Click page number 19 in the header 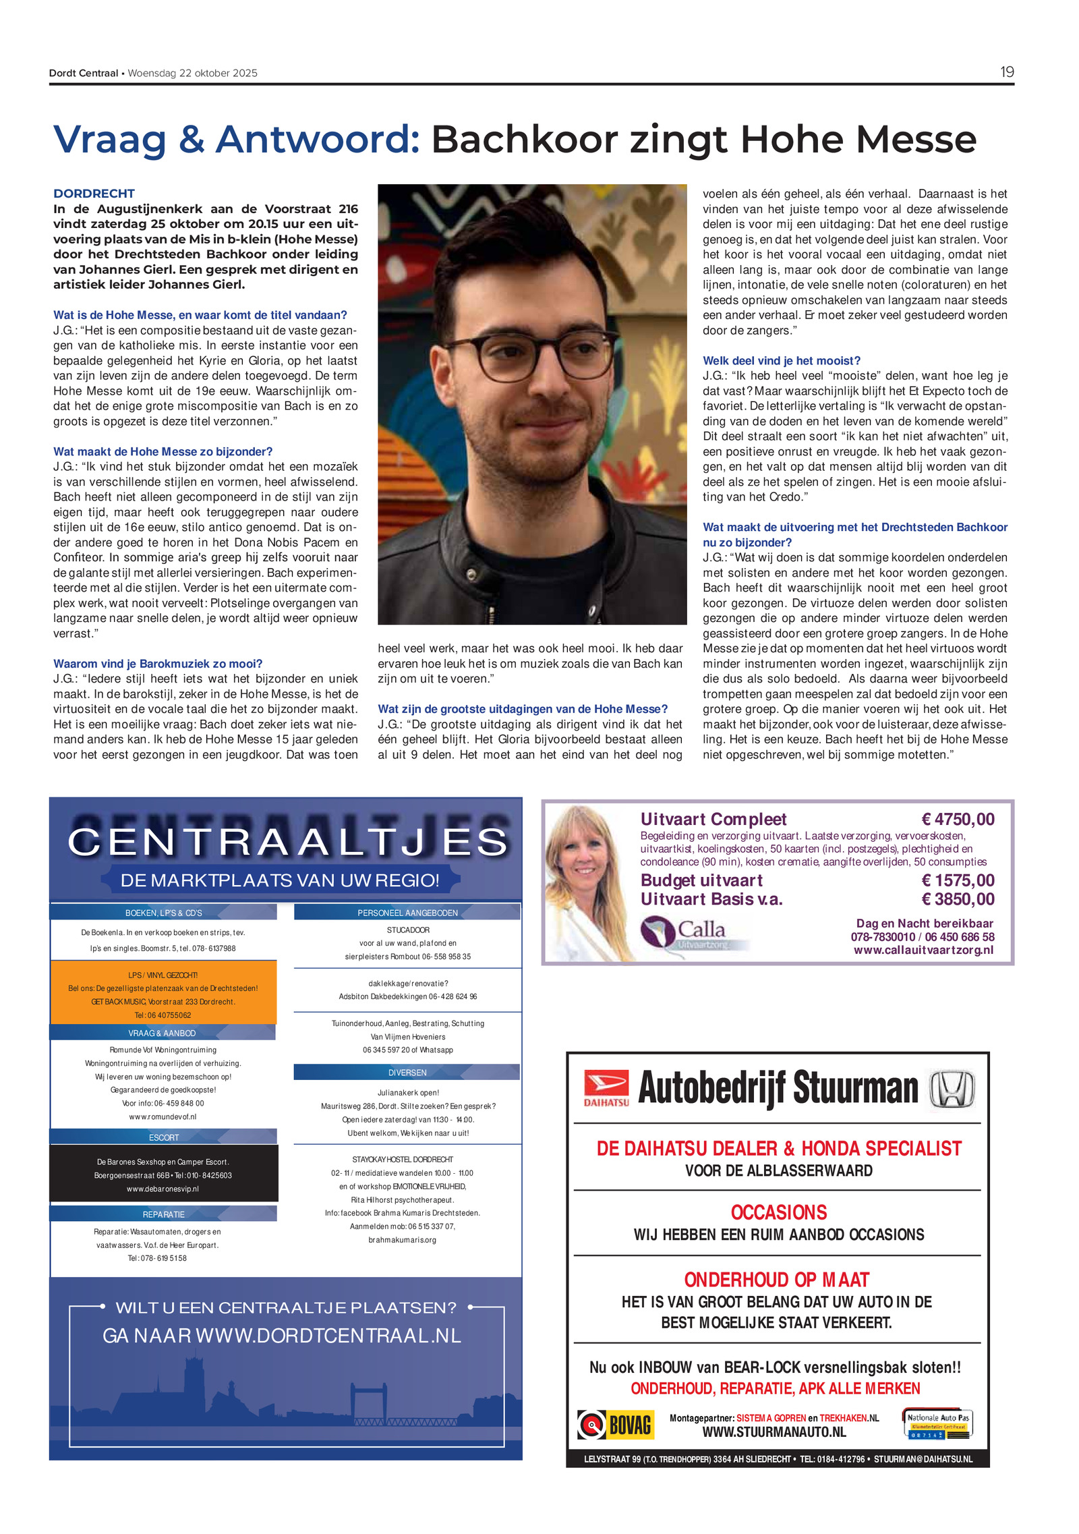(x=1006, y=72)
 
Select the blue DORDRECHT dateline (x=94, y=194)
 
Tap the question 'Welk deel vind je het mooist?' (x=781, y=361)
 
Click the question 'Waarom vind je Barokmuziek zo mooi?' (x=158, y=664)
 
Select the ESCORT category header (x=163, y=1137)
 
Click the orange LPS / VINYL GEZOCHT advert (x=163, y=994)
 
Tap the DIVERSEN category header (x=407, y=1073)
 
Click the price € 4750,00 (x=958, y=819)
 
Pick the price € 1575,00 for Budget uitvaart (x=958, y=880)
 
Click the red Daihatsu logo (x=606, y=1087)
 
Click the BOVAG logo (x=615, y=1424)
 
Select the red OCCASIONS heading (x=778, y=1212)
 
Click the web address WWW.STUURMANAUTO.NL (x=774, y=1431)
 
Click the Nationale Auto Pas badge (x=937, y=1424)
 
